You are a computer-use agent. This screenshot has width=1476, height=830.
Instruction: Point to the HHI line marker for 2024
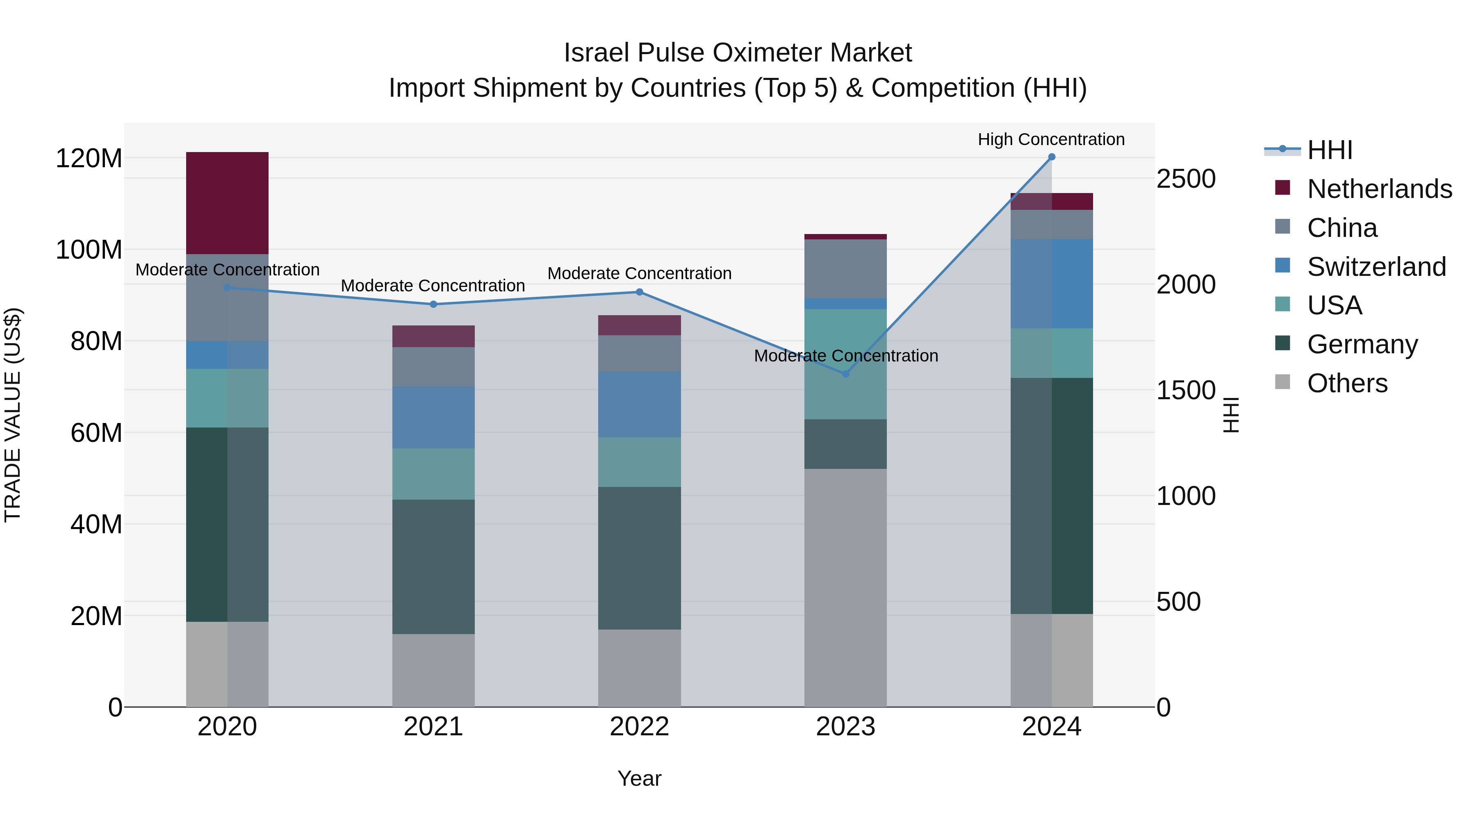tap(1051, 157)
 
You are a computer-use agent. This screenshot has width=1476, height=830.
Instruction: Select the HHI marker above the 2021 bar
tap(433, 304)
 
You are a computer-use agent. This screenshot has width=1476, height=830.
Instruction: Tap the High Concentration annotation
tap(1051, 139)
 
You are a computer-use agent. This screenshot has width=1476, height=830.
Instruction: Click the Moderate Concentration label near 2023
tap(846, 356)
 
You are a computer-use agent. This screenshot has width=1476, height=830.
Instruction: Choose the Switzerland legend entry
tap(1376, 267)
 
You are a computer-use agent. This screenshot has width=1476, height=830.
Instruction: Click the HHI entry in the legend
tap(1329, 150)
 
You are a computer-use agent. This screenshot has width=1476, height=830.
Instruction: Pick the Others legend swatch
tap(1282, 382)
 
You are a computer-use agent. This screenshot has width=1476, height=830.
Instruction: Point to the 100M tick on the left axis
tap(89, 250)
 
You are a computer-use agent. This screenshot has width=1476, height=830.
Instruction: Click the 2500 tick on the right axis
tap(1185, 179)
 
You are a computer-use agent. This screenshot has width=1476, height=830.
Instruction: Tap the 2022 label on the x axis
tap(640, 727)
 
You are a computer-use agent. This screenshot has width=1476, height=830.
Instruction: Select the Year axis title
tap(640, 778)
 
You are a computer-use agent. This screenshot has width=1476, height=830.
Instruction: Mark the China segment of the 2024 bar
tap(1051, 225)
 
